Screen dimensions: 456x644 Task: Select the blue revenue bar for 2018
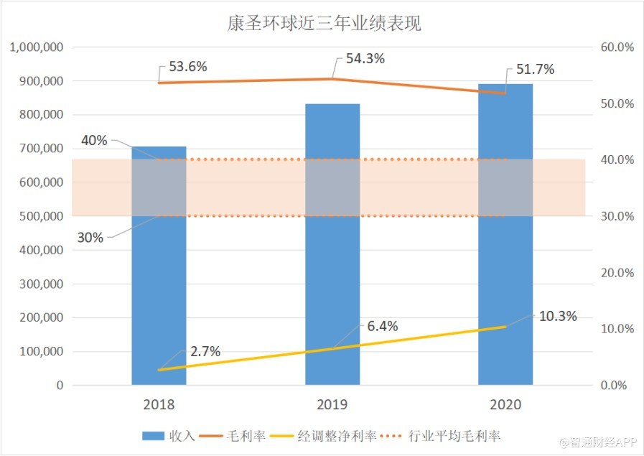159,302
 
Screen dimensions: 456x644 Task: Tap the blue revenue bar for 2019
332,287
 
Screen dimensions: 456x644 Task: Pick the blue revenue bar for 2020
505,287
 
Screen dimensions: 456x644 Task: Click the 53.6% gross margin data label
188,67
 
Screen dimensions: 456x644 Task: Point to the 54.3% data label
365,59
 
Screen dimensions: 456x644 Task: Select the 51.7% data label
535,70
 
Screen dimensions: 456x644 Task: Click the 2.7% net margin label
205,351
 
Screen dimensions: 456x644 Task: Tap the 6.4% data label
382,326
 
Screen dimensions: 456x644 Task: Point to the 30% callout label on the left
90,238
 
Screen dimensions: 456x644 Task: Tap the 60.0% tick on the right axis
617,47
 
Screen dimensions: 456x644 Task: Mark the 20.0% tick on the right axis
617,273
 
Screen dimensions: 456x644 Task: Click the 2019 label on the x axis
332,404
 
